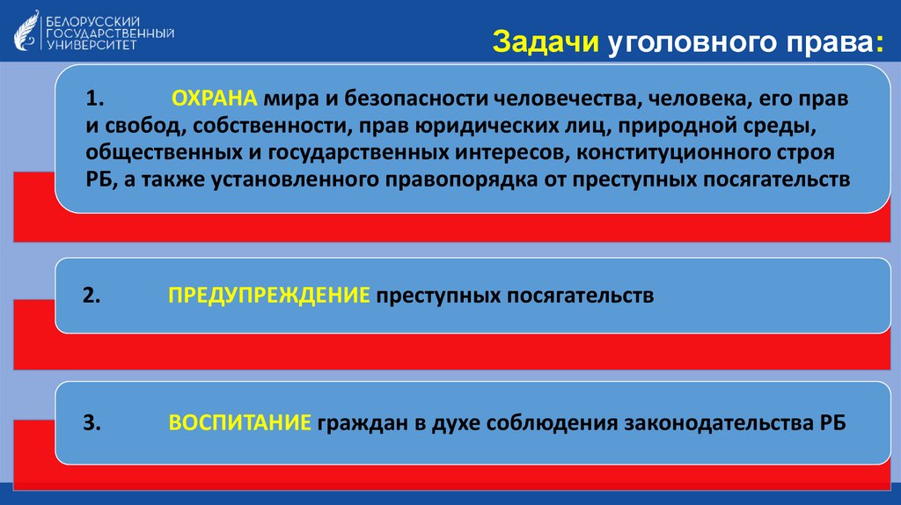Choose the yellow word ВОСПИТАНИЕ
tap(239, 423)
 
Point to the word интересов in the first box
tap(496, 151)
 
